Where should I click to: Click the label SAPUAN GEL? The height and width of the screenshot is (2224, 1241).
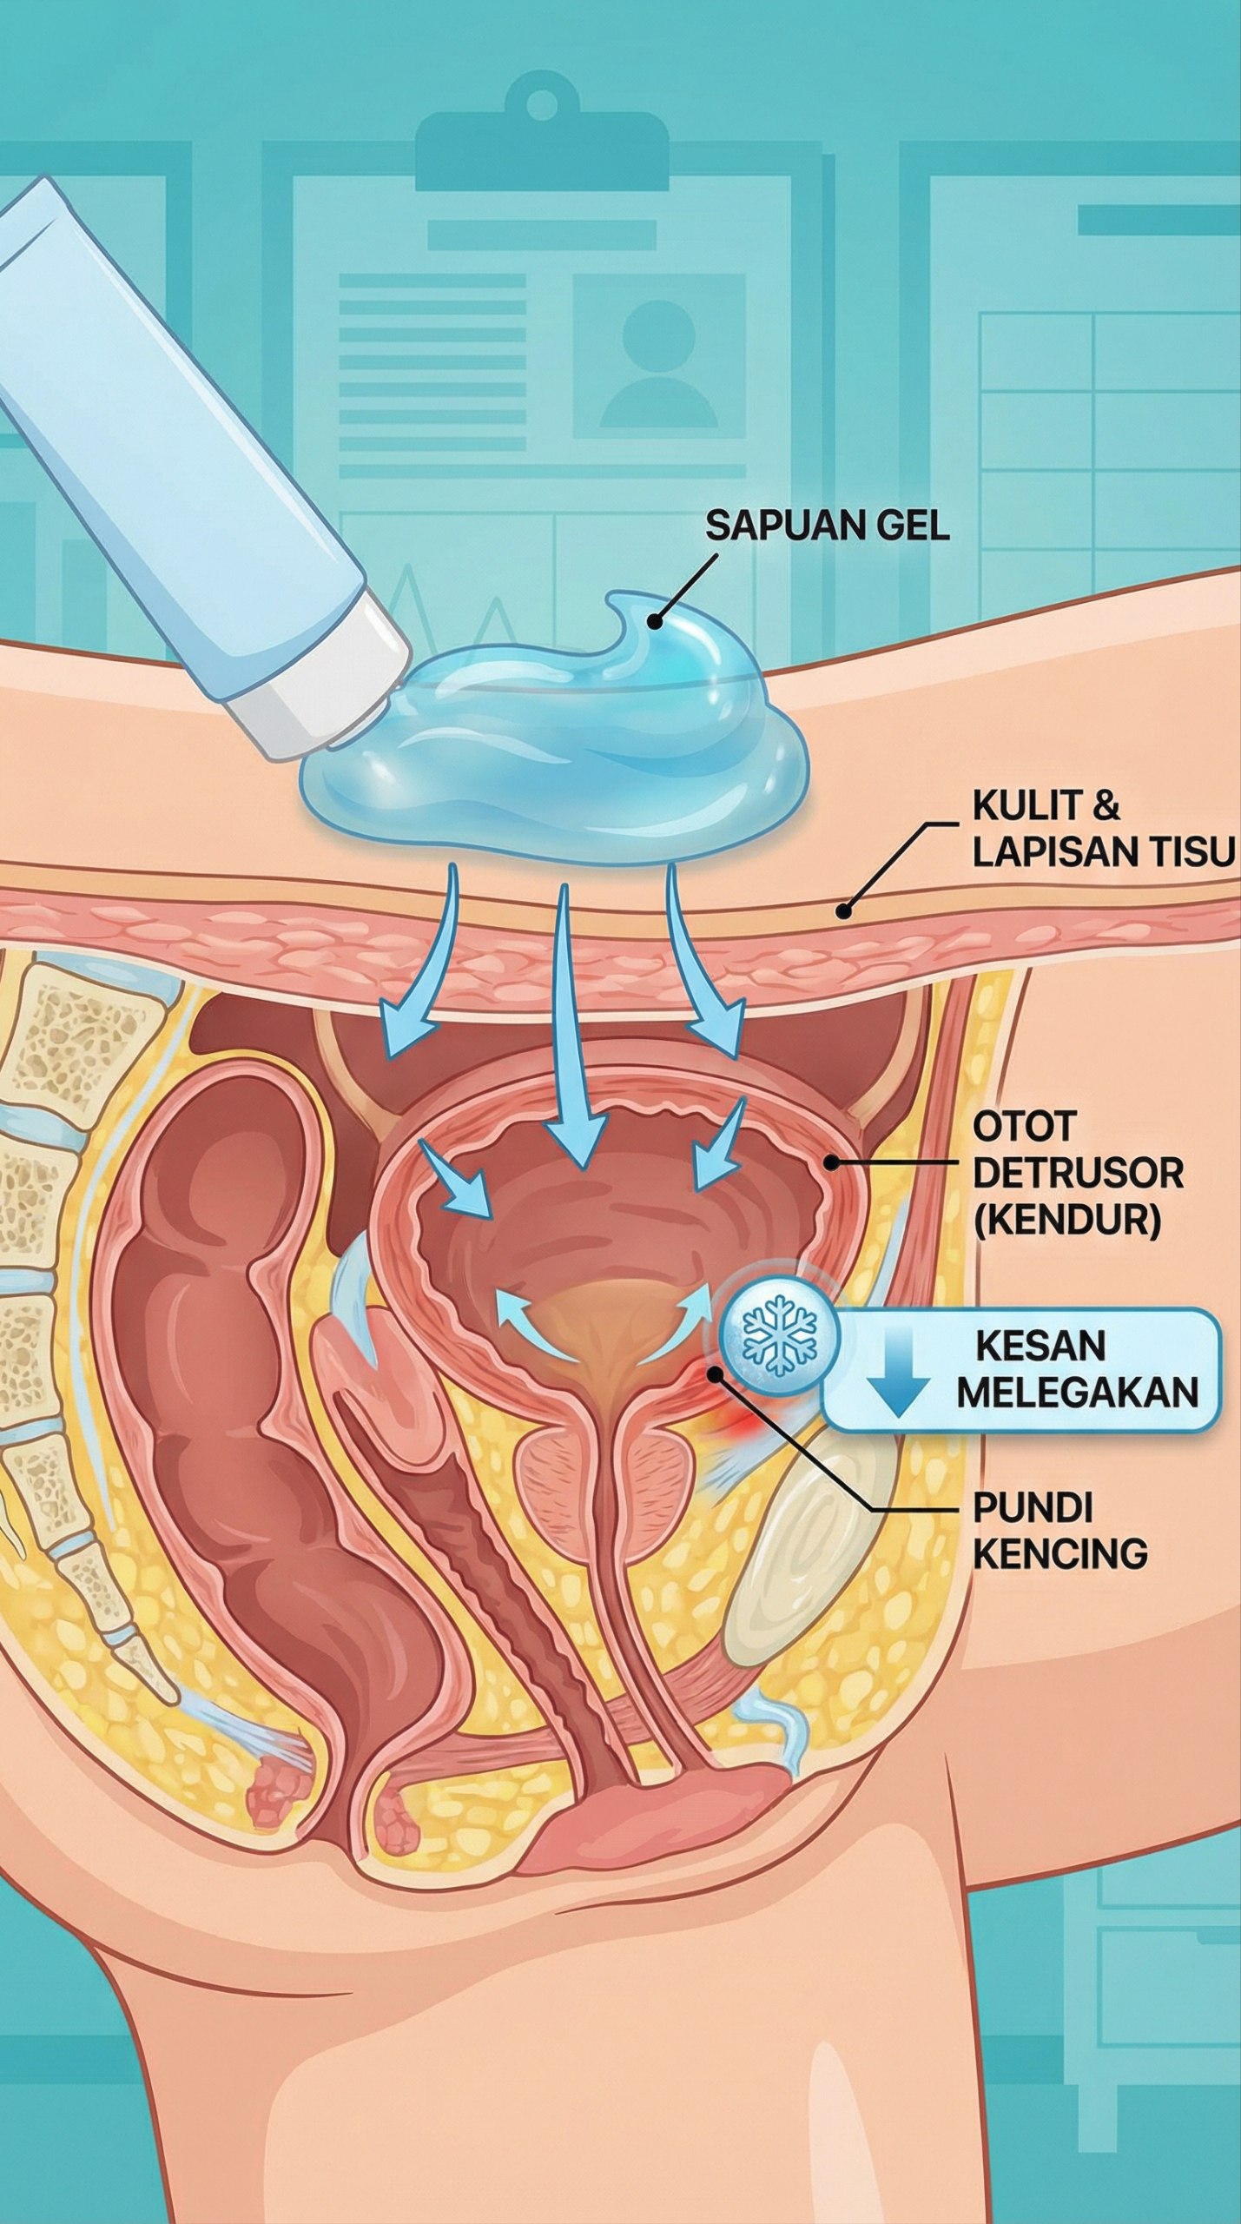tap(826, 526)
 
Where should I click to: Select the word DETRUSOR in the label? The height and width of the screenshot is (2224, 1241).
tap(1077, 1173)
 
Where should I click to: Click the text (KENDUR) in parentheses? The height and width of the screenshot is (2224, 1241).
tap(1066, 1220)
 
